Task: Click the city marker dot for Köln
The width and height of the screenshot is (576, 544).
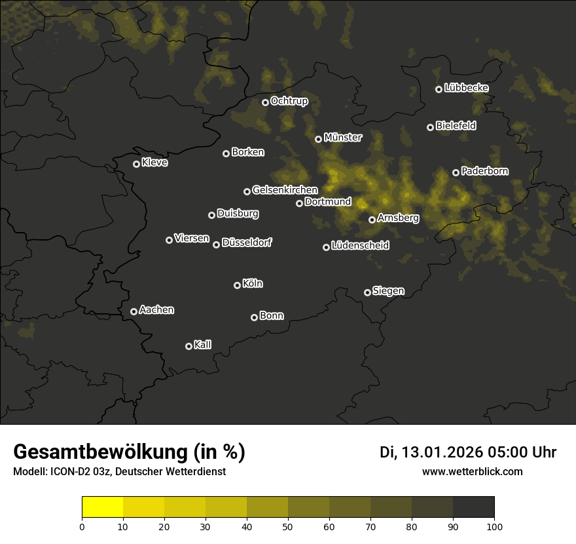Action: (237, 285)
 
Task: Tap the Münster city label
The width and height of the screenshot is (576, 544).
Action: (342, 138)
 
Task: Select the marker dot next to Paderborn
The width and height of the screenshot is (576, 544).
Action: (456, 172)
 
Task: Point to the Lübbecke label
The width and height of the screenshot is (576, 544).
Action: (466, 88)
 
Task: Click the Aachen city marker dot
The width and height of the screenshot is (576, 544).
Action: (134, 311)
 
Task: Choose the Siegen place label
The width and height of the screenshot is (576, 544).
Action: (388, 291)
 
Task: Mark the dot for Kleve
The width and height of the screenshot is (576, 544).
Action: (136, 164)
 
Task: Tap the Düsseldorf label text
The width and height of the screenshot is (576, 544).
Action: (247, 243)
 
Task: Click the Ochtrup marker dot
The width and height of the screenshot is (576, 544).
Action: (265, 102)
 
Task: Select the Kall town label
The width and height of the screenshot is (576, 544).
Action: (202, 345)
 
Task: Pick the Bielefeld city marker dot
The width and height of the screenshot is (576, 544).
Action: (430, 127)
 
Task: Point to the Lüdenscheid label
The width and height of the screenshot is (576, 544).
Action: (360, 246)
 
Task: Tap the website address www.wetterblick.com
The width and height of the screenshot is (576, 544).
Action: (472, 471)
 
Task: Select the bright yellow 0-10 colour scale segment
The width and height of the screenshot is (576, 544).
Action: (103, 507)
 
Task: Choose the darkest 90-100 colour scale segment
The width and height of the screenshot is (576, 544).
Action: (473, 507)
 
